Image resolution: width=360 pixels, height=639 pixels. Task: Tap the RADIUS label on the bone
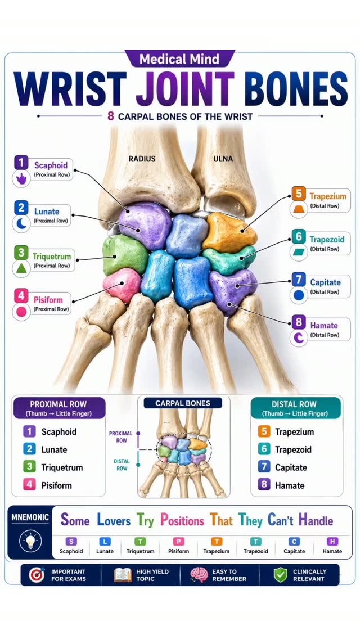[142, 159]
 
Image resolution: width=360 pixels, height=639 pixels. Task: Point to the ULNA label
[223, 159]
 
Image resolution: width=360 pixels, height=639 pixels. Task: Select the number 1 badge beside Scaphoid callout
[21, 163]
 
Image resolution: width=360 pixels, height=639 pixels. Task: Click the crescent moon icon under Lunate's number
[21, 223]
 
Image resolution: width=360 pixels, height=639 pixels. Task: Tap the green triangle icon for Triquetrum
[21, 268]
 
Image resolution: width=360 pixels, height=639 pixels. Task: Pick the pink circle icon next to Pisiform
[21, 312]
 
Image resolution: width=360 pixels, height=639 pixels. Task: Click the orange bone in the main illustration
[229, 232]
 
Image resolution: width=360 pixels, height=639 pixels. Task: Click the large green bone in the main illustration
[125, 255]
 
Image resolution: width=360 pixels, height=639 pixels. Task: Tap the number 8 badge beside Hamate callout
[299, 322]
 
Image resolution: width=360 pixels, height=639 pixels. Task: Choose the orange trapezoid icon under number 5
[299, 210]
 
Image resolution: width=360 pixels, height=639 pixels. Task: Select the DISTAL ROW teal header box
[295, 408]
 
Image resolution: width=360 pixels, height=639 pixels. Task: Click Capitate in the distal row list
[291, 467]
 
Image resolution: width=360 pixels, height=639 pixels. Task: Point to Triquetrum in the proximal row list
[62, 467]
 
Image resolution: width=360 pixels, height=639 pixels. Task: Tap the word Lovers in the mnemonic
[114, 520]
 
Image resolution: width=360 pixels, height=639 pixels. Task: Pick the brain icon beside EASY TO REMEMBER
[199, 575]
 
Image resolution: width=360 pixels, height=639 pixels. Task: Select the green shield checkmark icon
[281, 575]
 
